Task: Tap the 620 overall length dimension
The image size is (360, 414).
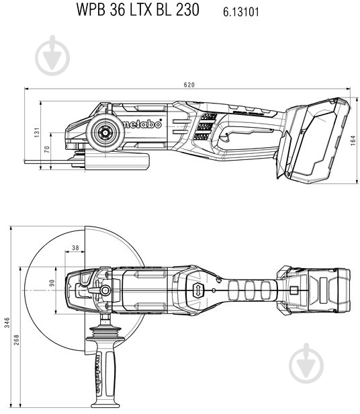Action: click(189, 85)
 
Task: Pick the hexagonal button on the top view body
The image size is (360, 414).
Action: click(197, 290)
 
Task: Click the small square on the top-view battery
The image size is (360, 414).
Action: click(294, 290)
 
